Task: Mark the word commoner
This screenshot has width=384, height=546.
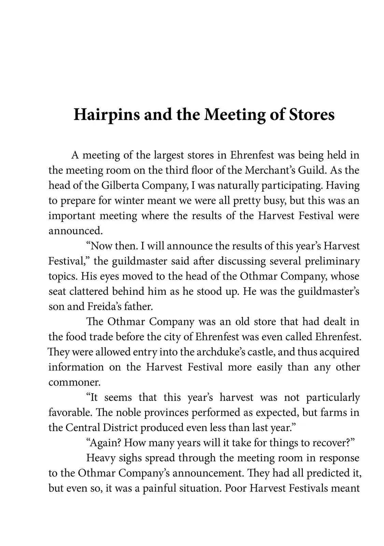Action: [x=74, y=382]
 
